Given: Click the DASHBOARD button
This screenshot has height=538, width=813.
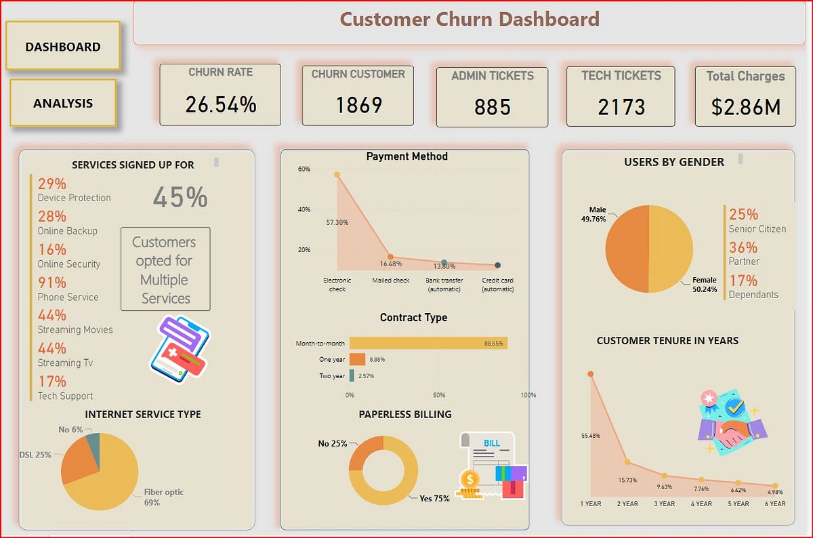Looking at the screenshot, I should click(x=63, y=46).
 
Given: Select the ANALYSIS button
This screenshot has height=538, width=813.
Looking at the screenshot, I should click(x=63, y=103).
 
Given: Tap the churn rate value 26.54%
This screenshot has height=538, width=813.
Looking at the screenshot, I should click(x=221, y=104).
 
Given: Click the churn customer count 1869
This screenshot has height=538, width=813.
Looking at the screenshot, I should click(x=358, y=105).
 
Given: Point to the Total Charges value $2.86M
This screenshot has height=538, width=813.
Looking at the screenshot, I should click(x=745, y=107).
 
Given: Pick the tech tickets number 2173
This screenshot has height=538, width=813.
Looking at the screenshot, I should click(x=621, y=107).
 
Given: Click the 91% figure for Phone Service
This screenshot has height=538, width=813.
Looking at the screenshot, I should click(x=52, y=283).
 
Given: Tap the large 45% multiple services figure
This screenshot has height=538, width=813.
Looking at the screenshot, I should click(x=180, y=197).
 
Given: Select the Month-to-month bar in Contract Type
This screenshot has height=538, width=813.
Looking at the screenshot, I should click(x=428, y=344).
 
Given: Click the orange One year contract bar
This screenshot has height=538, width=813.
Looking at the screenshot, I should click(x=357, y=359).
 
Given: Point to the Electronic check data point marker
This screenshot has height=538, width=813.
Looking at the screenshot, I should click(x=337, y=175).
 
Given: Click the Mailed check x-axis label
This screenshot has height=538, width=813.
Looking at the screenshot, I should click(x=390, y=281).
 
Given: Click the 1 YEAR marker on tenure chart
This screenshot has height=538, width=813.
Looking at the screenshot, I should click(x=591, y=374).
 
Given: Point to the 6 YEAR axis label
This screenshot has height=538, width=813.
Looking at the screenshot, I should click(x=776, y=503).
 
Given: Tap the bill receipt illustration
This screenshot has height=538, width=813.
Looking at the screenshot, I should click(x=491, y=466).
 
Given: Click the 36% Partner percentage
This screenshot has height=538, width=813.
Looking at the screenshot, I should click(x=743, y=247).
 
